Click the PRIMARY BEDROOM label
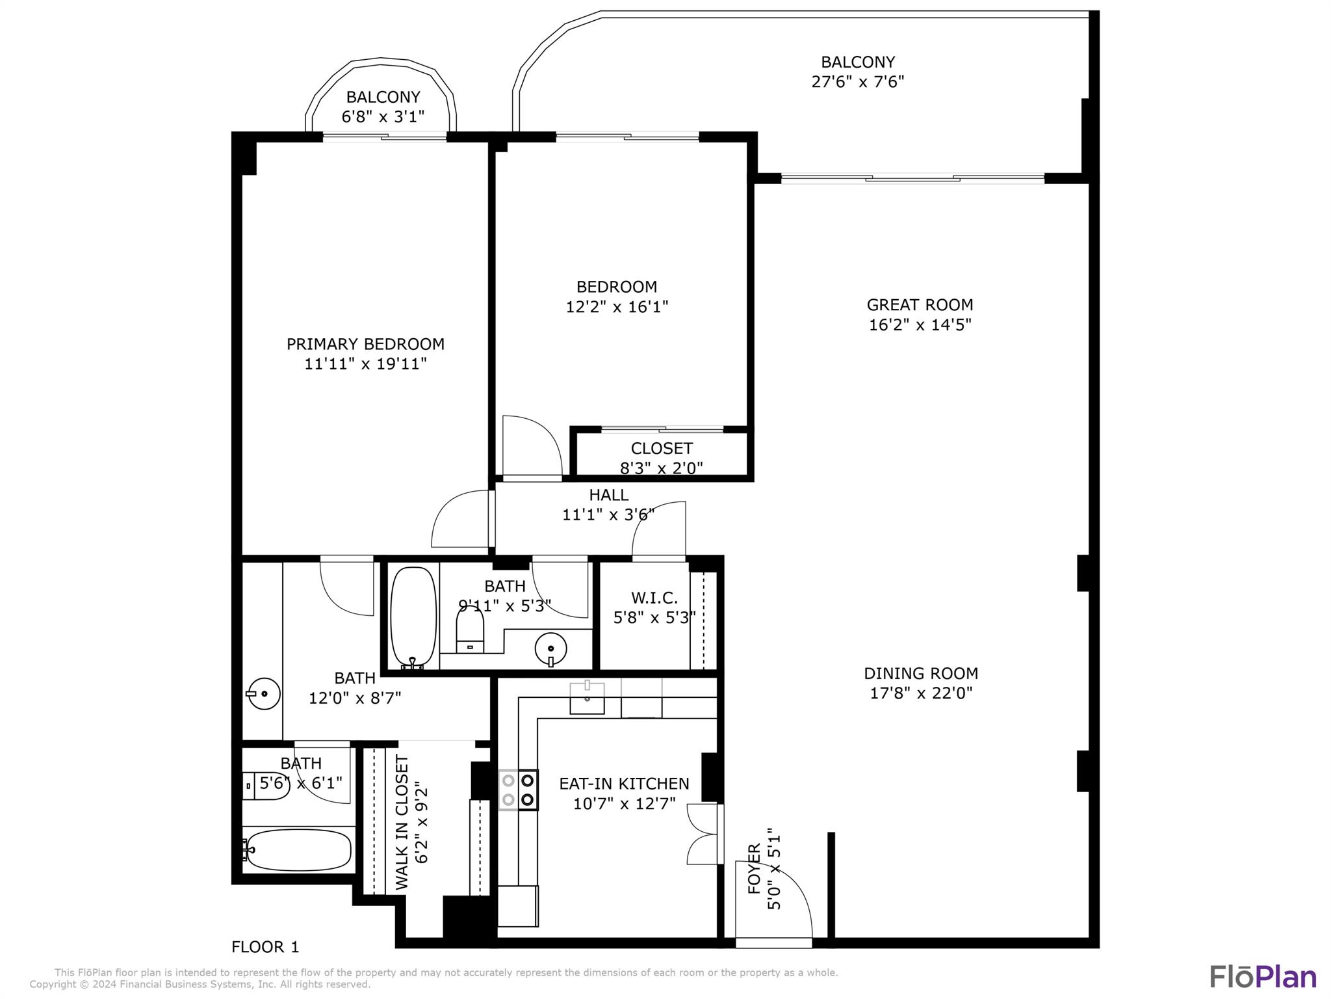(x=365, y=344)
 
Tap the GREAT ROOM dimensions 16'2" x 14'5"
(x=920, y=325)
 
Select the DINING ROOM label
(x=920, y=673)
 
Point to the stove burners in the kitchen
(x=519, y=790)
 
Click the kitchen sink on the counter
(x=587, y=698)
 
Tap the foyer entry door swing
(x=773, y=901)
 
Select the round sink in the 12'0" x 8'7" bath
(x=263, y=694)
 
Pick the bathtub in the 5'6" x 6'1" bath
(x=299, y=849)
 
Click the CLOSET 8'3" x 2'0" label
(x=662, y=449)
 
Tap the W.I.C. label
(x=654, y=598)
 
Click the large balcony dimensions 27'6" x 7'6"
(x=858, y=82)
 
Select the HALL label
(x=608, y=495)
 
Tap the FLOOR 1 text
(x=265, y=947)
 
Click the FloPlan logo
(x=1263, y=977)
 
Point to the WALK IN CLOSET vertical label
(x=402, y=822)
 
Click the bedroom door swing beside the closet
(x=532, y=446)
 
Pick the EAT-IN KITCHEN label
(x=624, y=784)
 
